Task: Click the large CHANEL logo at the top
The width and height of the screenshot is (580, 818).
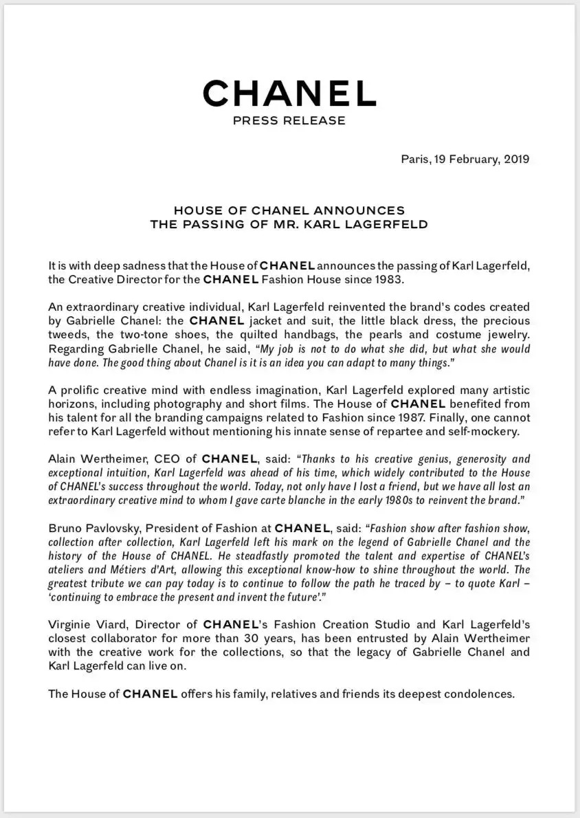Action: pyautogui.click(x=289, y=93)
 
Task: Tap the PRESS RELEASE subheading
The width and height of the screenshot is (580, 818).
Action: pyautogui.click(x=289, y=121)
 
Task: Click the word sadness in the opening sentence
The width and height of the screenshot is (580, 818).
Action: pyautogui.click(x=131, y=265)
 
